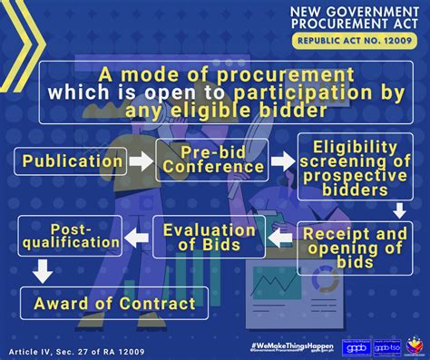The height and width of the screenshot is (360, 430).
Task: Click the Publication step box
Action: [x=69, y=162]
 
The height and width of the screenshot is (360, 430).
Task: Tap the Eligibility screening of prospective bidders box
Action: [x=355, y=170]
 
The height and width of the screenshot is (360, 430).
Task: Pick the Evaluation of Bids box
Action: [x=209, y=238]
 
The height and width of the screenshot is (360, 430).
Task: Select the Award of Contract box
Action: [x=114, y=303]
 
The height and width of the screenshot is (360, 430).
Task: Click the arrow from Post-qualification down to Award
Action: [x=39, y=270]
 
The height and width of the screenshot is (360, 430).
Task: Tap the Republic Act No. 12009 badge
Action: [x=360, y=42]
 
